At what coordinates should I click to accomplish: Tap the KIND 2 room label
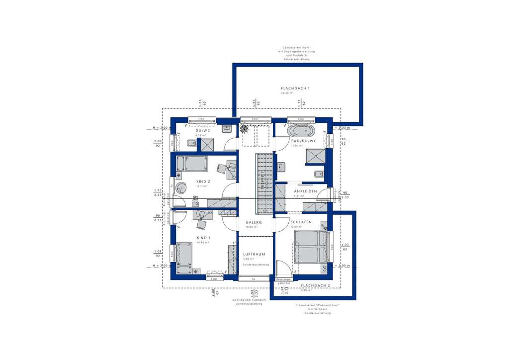(203, 181)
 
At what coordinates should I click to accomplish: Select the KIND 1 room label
(203, 238)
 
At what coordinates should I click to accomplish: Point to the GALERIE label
(254, 222)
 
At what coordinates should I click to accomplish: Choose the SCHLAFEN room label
(301, 222)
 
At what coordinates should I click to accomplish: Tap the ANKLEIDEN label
(305, 191)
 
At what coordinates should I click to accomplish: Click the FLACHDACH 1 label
(295, 88)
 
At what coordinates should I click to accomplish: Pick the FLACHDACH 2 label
(316, 285)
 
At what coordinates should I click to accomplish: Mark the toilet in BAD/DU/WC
(319, 174)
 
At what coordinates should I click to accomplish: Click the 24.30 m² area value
(287, 93)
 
